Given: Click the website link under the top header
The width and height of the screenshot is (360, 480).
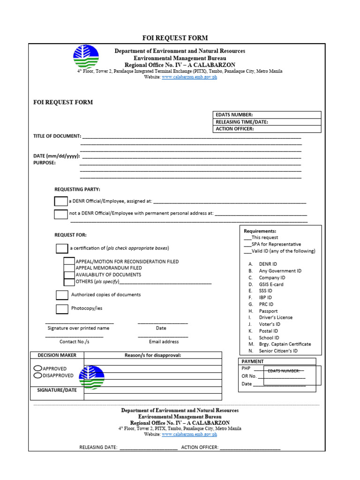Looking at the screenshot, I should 189,77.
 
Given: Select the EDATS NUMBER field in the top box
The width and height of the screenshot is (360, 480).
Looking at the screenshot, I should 267,115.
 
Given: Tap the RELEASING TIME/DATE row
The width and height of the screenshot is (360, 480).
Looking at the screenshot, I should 267,122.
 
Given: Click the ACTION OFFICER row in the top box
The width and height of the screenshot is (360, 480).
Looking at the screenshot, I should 267,129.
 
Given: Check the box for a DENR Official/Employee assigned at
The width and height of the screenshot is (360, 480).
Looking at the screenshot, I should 61,202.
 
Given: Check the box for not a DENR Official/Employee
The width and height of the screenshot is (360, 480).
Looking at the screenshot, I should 61,214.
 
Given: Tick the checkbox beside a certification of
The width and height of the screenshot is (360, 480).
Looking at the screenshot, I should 62,248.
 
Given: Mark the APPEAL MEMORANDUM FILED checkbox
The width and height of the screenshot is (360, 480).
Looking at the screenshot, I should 69,268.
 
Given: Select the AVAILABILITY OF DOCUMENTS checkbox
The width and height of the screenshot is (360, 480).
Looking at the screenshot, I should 69,275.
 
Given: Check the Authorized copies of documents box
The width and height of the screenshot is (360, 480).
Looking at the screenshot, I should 62,295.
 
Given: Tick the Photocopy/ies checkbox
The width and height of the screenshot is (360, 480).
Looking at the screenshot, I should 62,309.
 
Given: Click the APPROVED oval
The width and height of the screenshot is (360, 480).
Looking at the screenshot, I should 38,368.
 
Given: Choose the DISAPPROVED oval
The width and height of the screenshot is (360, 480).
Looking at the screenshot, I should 38,375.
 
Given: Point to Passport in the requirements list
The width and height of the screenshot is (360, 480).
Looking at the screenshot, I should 268,311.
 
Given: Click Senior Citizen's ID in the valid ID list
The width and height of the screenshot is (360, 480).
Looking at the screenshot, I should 278,351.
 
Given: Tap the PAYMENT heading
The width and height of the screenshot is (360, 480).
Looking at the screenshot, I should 253,361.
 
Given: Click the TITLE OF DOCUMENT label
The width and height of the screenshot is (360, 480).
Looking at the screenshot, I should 57,136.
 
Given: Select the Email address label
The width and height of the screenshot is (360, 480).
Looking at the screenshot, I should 164,342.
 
